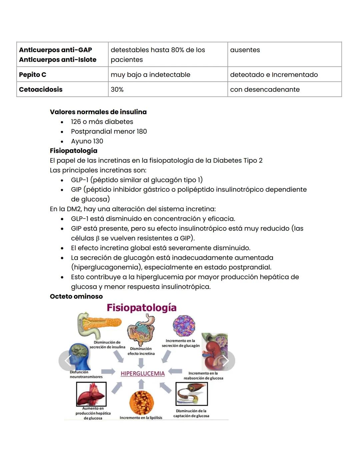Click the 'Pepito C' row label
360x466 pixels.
pyautogui.click(x=33, y=75)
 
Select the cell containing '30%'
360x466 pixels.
pyautogui.click(x=117, y=89)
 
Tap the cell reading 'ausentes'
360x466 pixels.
pyautogui.click(x=245, y=50)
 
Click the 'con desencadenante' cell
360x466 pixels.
pyautogui.click(x=265, y=89)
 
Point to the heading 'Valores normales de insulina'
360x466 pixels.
pyautogui.click(x=98, y=112)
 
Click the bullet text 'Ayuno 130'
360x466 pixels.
pyautogui.click(x=87, y=141)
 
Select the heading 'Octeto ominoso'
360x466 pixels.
pyautogui.click(x=76, y=296)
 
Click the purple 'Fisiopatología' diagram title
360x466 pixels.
pyautogui.click(x=141, y=308)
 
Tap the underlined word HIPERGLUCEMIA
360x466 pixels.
pyautogui.click(x=143, y=374)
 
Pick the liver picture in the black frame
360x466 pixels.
pyautogui.click(x=91, y=394)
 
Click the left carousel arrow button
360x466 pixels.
pyautogui.click(x=68, y=361)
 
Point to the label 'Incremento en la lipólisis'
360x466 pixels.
pyautogui.click(x=141, y=418)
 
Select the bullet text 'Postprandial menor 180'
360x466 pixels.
pyautogui.click(x=109, y=131)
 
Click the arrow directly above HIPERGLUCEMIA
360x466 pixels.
pyautogui.click(x=141, y=363)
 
